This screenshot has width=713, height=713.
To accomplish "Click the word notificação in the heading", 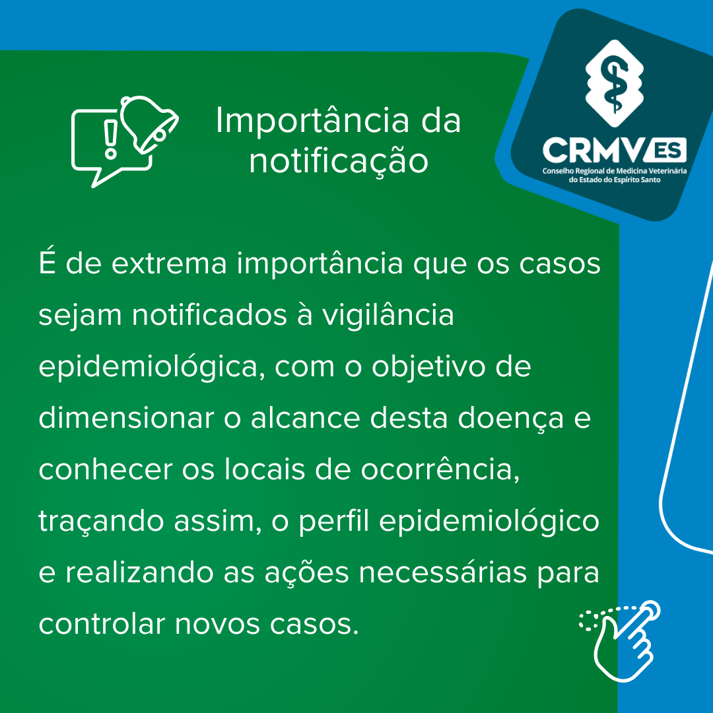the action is pyautogui.click(x=339, y=162).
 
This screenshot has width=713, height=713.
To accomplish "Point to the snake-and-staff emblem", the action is pyautogui.click(x=615, y=83).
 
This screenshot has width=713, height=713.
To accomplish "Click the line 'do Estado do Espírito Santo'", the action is pyautogui.click(x=615, y=180).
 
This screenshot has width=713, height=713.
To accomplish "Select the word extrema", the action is pyautogui.click(x=169, y=263).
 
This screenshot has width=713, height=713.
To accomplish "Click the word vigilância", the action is pyautogui.click(x=388, y=316).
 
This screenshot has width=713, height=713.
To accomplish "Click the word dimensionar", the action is pyautogui.click(x=126, y=418).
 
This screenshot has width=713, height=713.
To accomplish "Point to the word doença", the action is pyautogui.click(x=510, y=419).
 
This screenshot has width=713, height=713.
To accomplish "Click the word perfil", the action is pyautogui.click(x=334, y=521).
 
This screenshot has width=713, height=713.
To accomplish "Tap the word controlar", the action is pyautogui.click(x=102, y=623).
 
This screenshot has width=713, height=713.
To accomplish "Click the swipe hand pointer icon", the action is pyautogui.click(x=621, y=640).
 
